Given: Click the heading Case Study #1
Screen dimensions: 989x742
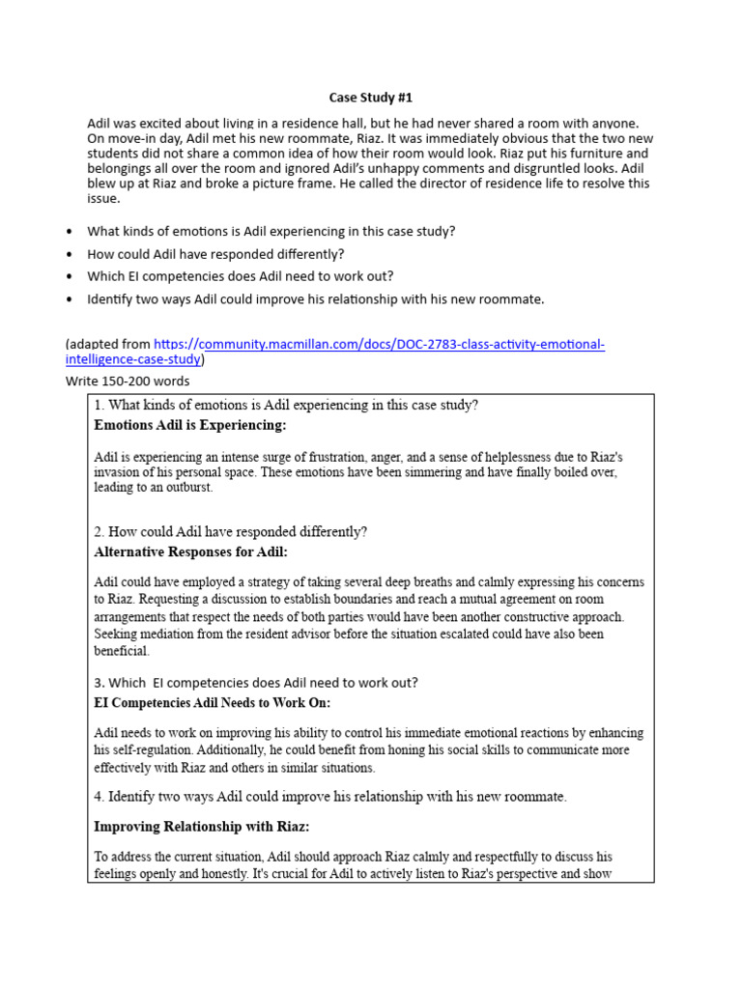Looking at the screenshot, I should (371, 99).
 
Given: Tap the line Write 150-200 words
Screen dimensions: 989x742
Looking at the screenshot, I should (128, 381).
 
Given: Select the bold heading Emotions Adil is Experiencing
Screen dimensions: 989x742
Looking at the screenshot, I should (190, 425).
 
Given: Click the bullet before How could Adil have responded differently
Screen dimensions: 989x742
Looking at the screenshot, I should (69, 254).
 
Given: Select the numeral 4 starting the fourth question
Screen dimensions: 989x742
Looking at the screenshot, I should (98, 797).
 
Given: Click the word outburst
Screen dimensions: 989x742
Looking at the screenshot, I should (188, 489).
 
